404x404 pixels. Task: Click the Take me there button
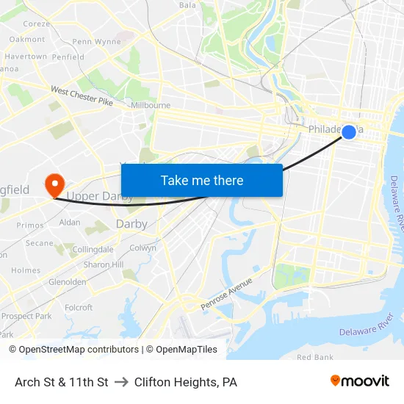coord(202,180)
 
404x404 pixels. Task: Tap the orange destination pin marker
coord(54,184)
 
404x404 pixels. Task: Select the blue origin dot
coord(349,131)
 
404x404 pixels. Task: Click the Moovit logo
coord(359,380)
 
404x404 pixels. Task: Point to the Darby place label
coord(131,223)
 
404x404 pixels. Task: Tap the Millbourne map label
coord(151,105)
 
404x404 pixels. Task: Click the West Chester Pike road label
coord(82,95)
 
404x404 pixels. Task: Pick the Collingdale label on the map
coord(93,250)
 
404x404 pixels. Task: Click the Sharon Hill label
coord(103,264)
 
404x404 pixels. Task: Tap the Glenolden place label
coord(67,282)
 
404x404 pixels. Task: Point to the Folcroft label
coord(79,308)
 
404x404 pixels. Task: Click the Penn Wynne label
coord(96,42)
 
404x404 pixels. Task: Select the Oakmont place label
coord(27,39)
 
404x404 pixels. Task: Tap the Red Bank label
coord(314,357)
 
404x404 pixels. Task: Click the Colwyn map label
coord(143,248)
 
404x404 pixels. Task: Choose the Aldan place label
coord(70,222)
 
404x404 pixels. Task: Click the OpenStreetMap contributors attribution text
coord(73,350)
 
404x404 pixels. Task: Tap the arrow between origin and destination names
coord(121,382)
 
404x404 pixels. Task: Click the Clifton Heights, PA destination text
coord(186,382)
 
